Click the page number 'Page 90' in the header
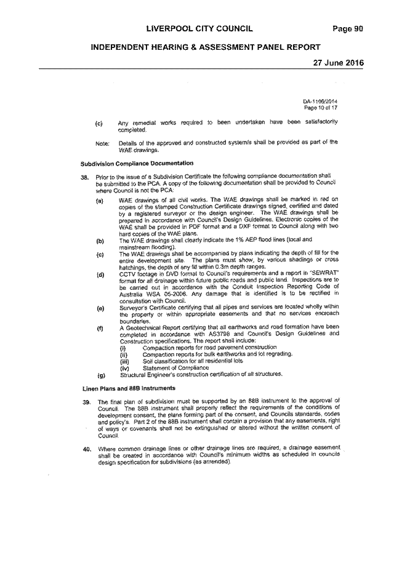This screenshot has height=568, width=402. point(348,29)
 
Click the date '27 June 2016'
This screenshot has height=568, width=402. point(338,63)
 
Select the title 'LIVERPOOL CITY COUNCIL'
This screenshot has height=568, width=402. point(199,29)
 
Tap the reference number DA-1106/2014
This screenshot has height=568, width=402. point(320,102)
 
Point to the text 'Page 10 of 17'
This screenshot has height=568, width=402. point(321,108)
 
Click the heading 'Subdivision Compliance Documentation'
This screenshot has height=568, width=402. point(137,163)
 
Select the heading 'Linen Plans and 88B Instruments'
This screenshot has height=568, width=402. point(129,388)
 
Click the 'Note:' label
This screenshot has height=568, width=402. point(102,144)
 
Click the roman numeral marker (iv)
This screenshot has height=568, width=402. point(124,369)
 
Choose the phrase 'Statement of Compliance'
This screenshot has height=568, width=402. point(175,368)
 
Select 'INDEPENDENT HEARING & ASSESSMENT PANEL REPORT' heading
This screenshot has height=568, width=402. point(206,47)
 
